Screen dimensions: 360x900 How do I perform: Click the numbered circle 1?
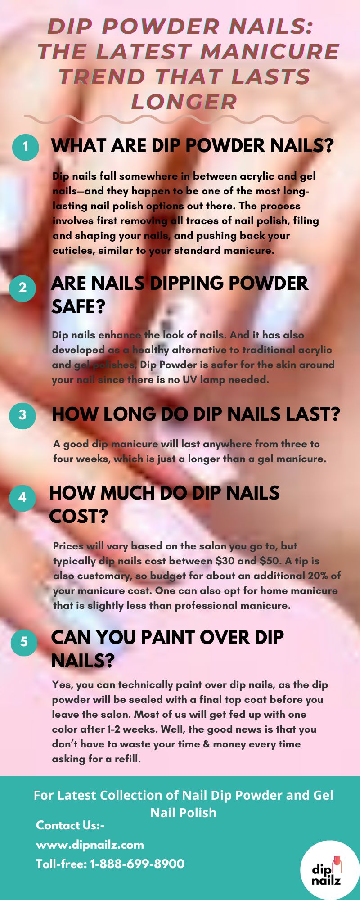click(25, 147)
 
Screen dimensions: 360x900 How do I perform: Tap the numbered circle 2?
click(23, 288)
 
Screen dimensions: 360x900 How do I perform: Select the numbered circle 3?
click(22, 414)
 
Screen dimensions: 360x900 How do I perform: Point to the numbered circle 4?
click(22, 497)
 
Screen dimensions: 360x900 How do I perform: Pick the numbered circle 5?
click(24, 642)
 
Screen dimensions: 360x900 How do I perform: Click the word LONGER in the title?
click(184, 102)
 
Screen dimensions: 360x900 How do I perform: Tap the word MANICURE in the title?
click(270, 52)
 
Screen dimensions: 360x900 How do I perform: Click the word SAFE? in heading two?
click(78, 307)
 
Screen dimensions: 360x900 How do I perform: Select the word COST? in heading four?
click(79, 517)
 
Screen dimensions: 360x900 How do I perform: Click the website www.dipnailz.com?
click(90, 845)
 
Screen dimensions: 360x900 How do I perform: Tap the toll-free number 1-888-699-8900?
click(137, 864)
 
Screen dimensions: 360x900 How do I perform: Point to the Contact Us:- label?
click(70, 825)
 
